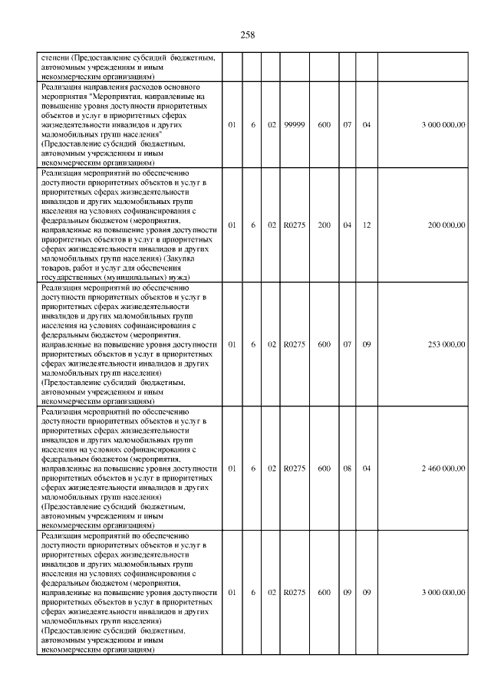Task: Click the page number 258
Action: (247, 35)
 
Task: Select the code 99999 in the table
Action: (295, 125)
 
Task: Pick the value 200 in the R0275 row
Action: (325, 225)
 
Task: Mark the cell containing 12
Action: (367, 225)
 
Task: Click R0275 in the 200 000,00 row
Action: (295, 225)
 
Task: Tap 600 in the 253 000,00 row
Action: (325, 344)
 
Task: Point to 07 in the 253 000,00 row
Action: (347, 344)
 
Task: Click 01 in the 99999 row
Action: (232, 125)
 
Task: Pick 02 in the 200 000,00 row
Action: (272, 225)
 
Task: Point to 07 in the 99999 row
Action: (347, 125)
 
